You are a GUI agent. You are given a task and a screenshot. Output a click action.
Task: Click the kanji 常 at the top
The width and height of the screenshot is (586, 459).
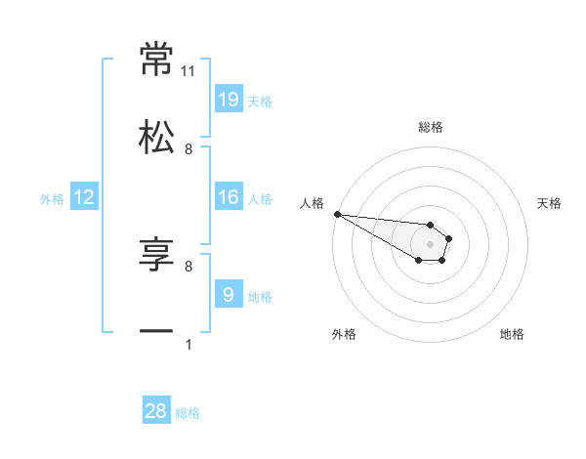coord(157,60)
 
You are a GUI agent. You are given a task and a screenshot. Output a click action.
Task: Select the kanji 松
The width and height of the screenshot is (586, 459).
coord(157,137)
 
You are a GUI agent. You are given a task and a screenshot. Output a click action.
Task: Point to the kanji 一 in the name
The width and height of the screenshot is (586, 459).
coord(157,332)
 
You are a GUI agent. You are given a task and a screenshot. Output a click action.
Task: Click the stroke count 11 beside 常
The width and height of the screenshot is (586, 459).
coord(188,71)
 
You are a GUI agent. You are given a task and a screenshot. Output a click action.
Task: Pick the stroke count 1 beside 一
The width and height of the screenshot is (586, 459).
coord(188,344)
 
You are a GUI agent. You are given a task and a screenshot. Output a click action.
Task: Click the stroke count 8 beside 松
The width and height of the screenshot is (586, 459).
coord(188,148)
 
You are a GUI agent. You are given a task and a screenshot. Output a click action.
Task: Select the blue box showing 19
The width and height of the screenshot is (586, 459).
coord(228,100)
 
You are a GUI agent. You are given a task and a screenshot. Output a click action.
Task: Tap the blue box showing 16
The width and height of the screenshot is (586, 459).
coord(228,197)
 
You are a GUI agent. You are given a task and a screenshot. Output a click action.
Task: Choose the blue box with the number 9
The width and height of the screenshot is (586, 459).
coord(228,295)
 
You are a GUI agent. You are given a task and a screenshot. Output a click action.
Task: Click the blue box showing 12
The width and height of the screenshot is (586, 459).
coord(84,197)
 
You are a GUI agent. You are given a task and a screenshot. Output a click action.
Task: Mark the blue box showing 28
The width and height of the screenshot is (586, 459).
coord(156,411)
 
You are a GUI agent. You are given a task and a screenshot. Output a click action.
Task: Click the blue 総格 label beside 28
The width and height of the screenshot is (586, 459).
coord(188,413)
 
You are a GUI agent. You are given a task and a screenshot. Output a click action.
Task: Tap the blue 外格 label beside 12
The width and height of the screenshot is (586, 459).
coord(52,199)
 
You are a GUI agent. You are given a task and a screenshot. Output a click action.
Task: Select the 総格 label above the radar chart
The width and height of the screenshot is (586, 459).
coord(431,127)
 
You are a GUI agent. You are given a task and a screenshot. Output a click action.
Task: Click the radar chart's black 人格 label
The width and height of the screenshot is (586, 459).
coord(312,203)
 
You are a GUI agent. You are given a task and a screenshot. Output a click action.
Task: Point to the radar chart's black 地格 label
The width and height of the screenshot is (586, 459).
coord(512,334)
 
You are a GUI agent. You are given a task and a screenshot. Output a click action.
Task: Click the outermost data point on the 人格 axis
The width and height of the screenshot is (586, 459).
coord(337,214)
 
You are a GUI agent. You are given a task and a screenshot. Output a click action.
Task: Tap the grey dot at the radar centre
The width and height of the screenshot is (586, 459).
coord(430,243)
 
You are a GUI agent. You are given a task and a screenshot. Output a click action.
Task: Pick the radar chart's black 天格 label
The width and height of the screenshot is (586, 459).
coord(549,203)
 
